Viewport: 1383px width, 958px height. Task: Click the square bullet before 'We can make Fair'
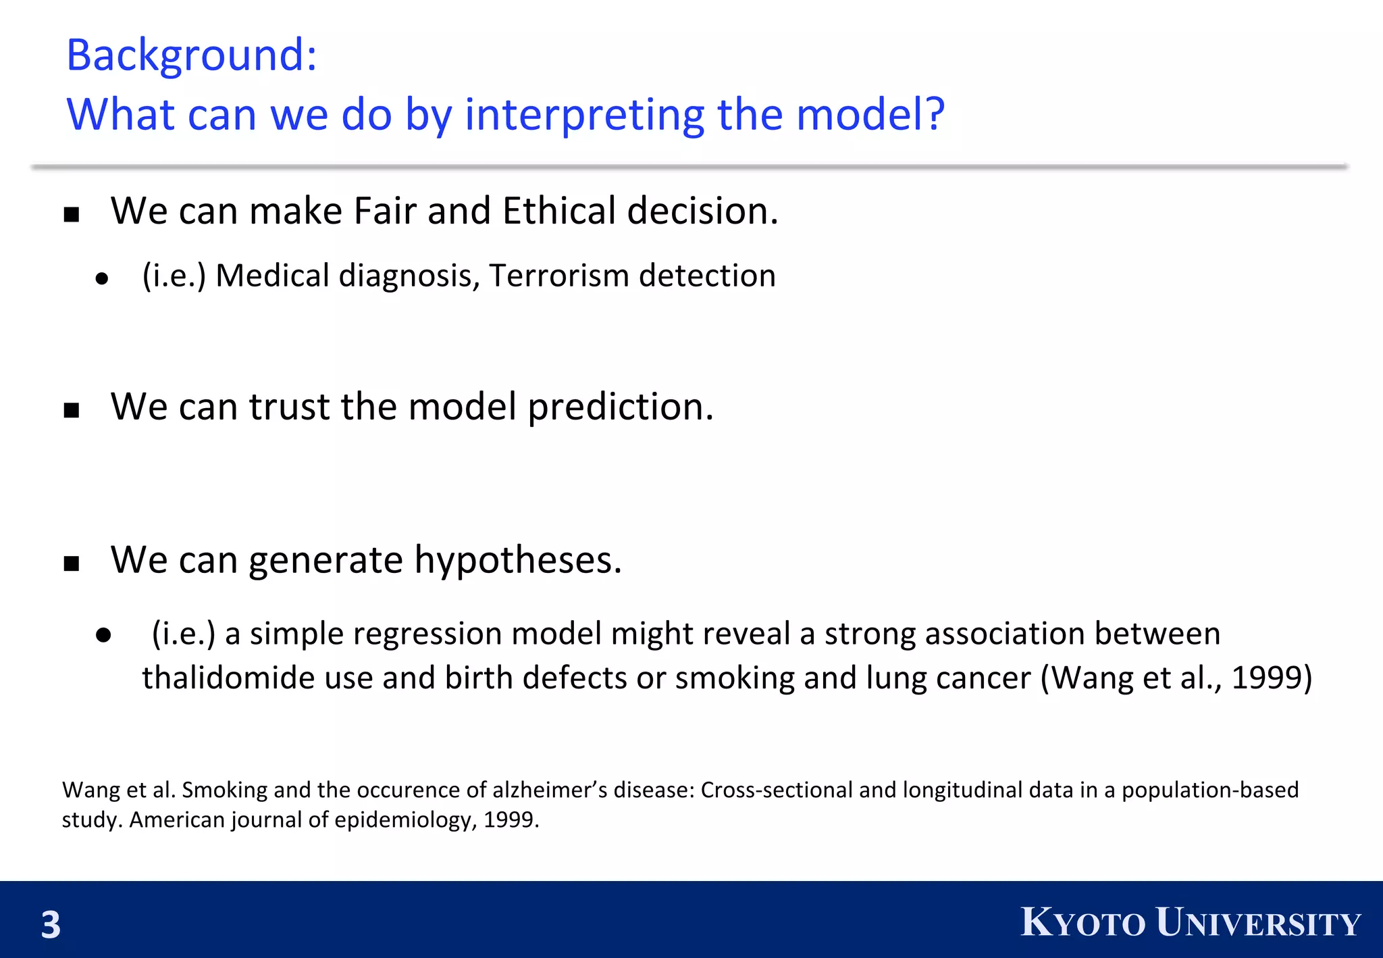pyautogui.click(x=72, y=215)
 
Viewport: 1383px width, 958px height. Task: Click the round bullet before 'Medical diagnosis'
pyautogui.click(x=102, y=278)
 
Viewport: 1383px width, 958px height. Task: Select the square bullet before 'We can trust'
pyautogui.click(x=72, y=410)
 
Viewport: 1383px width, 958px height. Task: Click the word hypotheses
pyautogui.click(x=517, y=560)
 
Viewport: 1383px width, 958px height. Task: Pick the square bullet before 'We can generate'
pyautogui.click(x=72, y=563)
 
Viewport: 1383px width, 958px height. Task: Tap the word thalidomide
pyautogui.click(x=228, y=678)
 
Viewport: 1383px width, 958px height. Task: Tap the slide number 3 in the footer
pyautogui.click(x=51, y=924)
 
